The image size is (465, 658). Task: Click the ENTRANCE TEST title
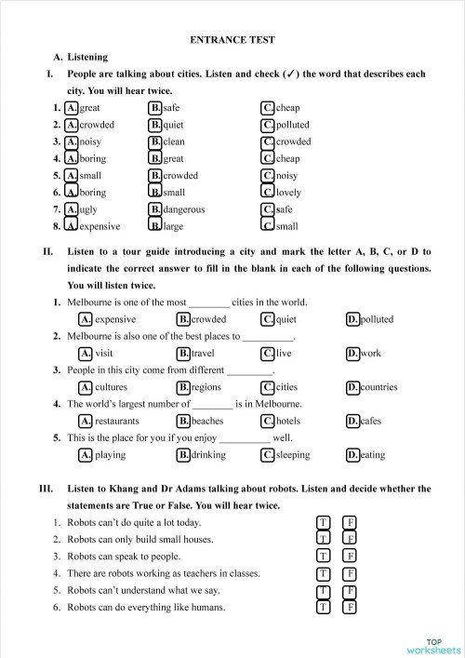pyautogui.click(x=232, y=40)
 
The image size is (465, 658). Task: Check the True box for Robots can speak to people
pyautogui.click(x=324, y=556)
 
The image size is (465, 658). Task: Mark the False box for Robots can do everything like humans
pyautogui.click(x=351, y=608)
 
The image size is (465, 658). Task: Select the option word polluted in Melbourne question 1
pyautogui.click(x=377, y=319)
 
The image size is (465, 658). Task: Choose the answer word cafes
pyautogui.click(x=370, y=421)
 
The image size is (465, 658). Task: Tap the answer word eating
pyautogui.click(x=372, y=455)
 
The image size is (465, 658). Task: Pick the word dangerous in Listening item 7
pyautogui.click(x=183, y=209)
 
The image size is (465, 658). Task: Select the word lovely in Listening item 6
pyautogui.click(x=288, y=193)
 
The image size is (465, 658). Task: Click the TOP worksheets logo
pyautogui.click(x=432, y=646)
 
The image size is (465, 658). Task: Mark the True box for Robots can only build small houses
pyautogui.click(x=324, y=539)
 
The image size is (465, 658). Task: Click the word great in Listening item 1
pyautogui.click(x=90, y=108)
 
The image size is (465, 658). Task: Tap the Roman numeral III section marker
pyautogui.click(x=46, y=489)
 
